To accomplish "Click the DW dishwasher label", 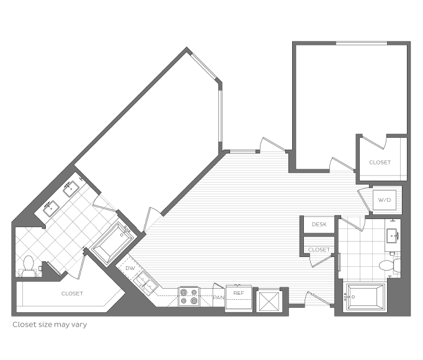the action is pyautogui.click(x=130, y=268).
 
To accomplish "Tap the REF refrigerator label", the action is pyautogui.click(x=238, y=293).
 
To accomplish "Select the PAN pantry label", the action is pyautogui.click(x=218, y=297).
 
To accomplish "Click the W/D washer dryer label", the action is pyautogui.click(x=385, y=200).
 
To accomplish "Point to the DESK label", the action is pyautogui.click(x=319, y=224).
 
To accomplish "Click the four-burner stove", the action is pyautogui.click(x=189, y=297).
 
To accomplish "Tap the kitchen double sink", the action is pyautogui.click(x=146, y=282).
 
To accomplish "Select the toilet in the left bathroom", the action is pyautogui.click(x=28, y=266).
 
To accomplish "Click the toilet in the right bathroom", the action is pyautogui.click(x=390, y=265).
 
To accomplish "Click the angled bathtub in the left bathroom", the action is pyautogui.click(x=114, y=243).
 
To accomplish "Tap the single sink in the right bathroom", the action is pyautogui.click(x=393, y=236).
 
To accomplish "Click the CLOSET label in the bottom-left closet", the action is pyautogui.click(x=72, y=294).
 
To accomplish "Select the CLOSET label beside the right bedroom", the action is pyautogui.click(x=380, y=163).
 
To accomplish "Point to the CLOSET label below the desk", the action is pyautogui.click(x=319, y=250).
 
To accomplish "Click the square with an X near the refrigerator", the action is pyautogui.click(x=269, y=301).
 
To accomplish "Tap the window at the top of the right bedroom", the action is pyautogui.click(x=362, y=43).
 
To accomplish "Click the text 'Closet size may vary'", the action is pyautogui.click(x=50, y=325).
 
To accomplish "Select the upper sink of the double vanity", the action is pyautogui.click(x=71, y=188).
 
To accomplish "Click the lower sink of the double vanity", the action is pyautogui.click(x=51, y=208).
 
